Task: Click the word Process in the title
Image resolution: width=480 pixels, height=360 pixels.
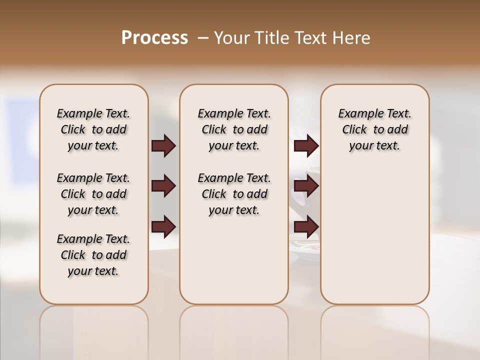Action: pos(154,38)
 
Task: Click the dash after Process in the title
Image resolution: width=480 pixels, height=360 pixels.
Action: pos(203,38)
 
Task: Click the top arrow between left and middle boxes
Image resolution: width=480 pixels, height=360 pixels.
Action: pos(163,146)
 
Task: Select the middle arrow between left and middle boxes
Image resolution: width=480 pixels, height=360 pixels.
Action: pos(163,186)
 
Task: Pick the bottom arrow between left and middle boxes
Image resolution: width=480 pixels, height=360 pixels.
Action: pos(163,226)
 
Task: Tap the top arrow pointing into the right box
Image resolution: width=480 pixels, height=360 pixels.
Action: pos(306,146)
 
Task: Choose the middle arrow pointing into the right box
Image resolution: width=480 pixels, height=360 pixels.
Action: pos(306,186)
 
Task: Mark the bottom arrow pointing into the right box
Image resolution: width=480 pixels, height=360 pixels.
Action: pos(306,226)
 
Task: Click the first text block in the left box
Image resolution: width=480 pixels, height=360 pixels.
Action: pos(93,129)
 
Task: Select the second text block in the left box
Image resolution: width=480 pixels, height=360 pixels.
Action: pos(93,194)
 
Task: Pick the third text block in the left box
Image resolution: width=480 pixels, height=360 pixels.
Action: pos(93,255)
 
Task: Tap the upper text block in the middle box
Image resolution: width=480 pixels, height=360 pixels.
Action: pos(234,129)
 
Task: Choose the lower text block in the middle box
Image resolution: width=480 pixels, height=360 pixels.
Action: pos(234,194)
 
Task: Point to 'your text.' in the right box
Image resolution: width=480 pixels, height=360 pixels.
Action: pos(374,146)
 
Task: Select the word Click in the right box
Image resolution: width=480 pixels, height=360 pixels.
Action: pos(354,130)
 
